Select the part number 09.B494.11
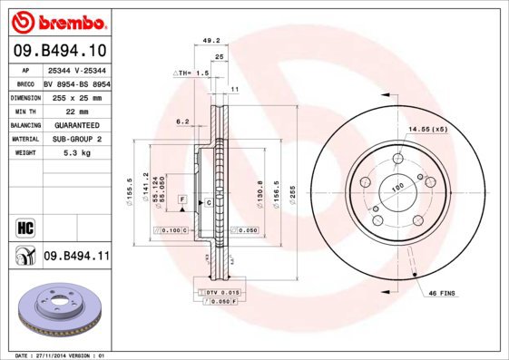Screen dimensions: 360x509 pos(76,257)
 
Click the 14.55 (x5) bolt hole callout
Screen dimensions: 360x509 pos(427,130)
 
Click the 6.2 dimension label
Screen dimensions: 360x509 pos(181,121)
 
